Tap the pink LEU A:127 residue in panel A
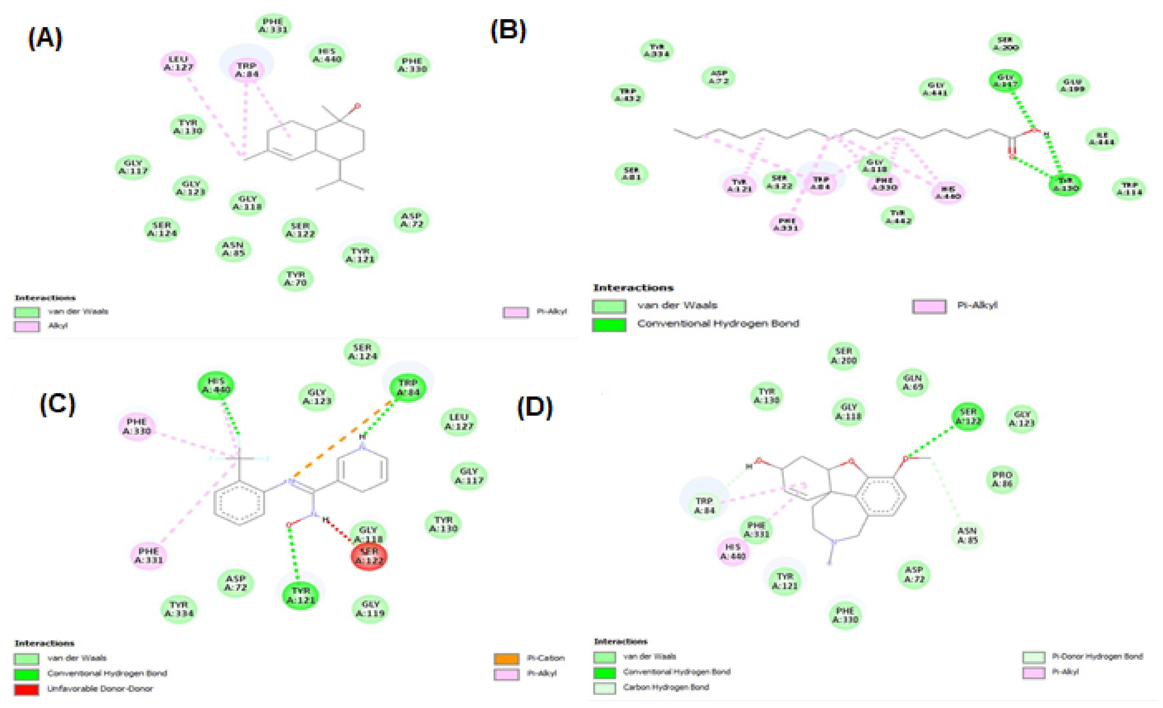pyautogui.click(x=178, y=63)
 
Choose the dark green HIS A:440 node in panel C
pyautogui.click(x=216, y=385)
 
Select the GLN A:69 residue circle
pyautogui.click(x=912, y=382)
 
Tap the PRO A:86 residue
pyautogui.click(x=1002, y=479)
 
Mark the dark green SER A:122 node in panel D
pyautogui.click(x=968, y=416)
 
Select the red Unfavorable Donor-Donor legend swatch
pyautogui.click(x=26, y=689)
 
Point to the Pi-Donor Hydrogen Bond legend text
pyautogui.click(x=1097, y=656)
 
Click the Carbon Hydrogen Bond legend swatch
pyautogui.click(x=605, y=688)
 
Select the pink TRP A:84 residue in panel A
pyautogui.click(x=247, y=69)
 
